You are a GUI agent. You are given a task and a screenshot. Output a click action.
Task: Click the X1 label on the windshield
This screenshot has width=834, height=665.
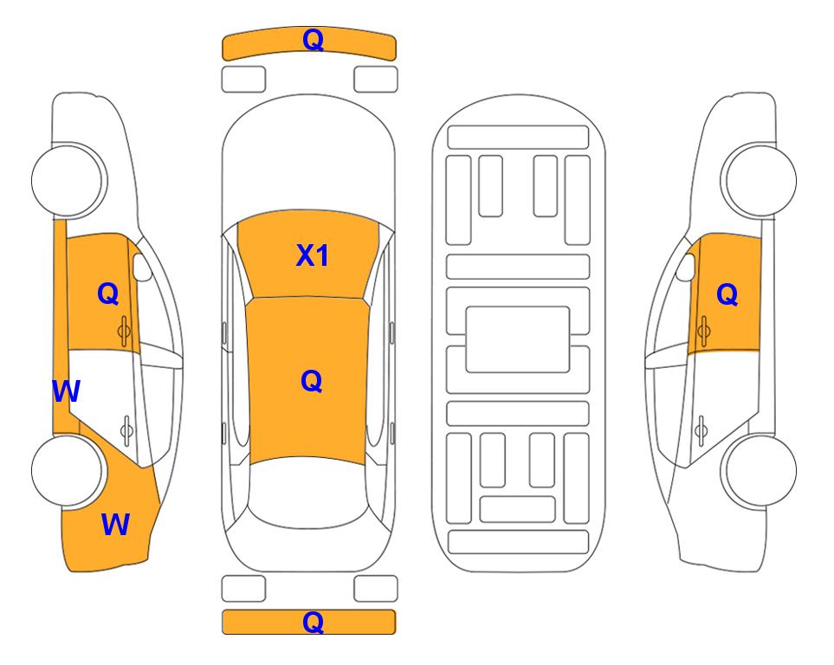click(x=313, y=255)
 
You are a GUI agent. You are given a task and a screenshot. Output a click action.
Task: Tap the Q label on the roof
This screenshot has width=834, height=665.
click(x=312, y=381)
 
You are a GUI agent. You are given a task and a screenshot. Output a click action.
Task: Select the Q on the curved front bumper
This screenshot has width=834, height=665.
click(x=313, y=39)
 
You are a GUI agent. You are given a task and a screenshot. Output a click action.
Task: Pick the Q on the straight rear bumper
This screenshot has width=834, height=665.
click(x=313, y=622)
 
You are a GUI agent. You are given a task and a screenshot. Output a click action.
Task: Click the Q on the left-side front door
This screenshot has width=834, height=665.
click(x=108, y=294)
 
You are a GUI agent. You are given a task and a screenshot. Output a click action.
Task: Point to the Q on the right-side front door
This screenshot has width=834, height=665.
click(x=727, y=294)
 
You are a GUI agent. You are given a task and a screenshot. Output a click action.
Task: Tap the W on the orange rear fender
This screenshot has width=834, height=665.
click(x=115, y=525)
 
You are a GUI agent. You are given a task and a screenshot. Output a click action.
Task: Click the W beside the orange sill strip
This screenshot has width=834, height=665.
click(x=67, y=391)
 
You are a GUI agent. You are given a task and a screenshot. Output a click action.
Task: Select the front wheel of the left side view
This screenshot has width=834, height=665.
click(x=68, y=180)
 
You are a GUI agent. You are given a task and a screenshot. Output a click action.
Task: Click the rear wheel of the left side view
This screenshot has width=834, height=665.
click(x=68, y=470)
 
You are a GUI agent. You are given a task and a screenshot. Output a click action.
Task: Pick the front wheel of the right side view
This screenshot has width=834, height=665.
click(x=760, y=180)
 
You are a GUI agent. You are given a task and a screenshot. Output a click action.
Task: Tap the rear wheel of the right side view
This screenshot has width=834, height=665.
click(x=760, y=470)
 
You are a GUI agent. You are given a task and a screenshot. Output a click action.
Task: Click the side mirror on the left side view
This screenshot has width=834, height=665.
click(x=141, y=267)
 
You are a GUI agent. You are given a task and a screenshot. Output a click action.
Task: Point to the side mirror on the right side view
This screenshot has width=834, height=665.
click(x=685, y=267)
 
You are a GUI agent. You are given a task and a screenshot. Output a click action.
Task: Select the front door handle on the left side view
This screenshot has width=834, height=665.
click(x=125, y=331)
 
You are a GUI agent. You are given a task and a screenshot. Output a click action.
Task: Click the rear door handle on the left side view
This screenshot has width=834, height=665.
click(x=126, y=429)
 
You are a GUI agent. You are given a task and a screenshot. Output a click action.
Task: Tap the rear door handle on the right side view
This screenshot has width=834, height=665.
click(x=701, y=429)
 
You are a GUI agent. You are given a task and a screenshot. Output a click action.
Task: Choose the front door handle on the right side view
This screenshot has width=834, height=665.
click(x=704, y=331)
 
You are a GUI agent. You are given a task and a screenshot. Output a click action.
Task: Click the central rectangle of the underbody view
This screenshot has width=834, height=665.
click(x=518, y=339)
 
